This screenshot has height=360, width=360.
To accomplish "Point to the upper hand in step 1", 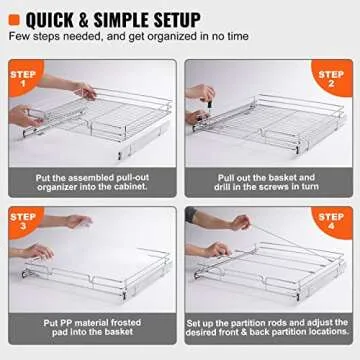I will click(88, 91).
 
